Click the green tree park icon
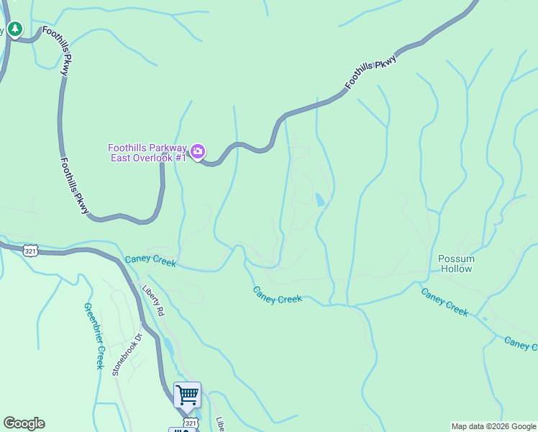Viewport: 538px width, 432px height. tap(15, 30)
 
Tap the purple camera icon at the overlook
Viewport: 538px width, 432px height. tap(198, 152)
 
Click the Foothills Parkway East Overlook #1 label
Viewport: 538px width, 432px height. tap(148, 152)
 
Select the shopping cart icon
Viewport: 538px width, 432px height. tap(187, 394)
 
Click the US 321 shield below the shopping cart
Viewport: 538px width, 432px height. tap(189, 423)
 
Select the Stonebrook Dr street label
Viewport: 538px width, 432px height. tap(127, 354)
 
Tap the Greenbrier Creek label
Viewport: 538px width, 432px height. tap(95, 336)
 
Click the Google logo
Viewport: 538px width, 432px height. tap(24, 423)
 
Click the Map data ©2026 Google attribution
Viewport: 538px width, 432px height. tap(493, 426)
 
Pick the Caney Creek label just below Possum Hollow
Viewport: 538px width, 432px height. tap(444, 302)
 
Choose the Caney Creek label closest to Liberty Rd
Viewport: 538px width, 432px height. tap(150, 261)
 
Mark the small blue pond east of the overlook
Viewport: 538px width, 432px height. tap(319, 199)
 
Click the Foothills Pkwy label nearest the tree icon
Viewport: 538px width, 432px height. tap(57, 44)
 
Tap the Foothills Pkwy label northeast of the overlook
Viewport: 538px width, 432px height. tap(370, 73)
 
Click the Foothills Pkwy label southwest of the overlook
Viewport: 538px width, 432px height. tap(75, 186)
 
